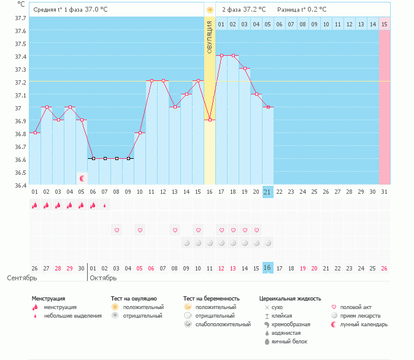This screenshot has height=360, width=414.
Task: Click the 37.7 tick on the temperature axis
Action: coord(20,18)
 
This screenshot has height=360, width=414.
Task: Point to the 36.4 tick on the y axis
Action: coord(20,185)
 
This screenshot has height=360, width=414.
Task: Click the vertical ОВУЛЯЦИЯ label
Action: coord(210,37)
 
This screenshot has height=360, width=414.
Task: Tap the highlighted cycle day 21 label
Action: coord(267,192)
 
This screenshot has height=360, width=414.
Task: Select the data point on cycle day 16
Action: coord(210,120)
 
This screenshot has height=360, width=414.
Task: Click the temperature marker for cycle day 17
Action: coord(221,55)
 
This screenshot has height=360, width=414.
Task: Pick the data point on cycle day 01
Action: coord(35,132)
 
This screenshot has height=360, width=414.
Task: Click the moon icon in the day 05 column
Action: coord(82,178)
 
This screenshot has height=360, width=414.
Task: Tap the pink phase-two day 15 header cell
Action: coord(384,24)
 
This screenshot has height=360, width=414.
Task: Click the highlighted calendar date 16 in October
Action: coord(267,268)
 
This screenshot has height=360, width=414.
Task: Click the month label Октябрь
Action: coord(103,278)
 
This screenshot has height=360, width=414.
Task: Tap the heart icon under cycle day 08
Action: coord(175,230)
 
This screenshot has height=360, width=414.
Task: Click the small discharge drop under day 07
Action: coord(105,206)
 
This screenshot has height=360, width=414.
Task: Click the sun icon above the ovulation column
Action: coord(210,10)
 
